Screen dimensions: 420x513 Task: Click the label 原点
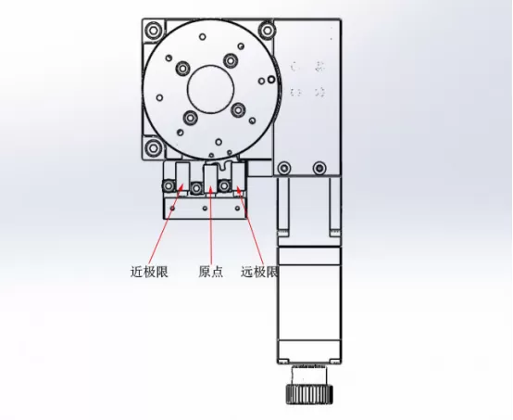[211, 273]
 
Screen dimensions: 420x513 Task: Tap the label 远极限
[260, 273]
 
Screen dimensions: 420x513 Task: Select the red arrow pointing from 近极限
[175, 227]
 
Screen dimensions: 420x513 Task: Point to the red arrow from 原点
[211, 227]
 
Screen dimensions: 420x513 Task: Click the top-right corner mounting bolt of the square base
[268, 31]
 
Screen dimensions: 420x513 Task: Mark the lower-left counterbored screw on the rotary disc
[190, 118]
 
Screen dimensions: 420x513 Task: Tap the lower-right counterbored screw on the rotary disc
[239, 110]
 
